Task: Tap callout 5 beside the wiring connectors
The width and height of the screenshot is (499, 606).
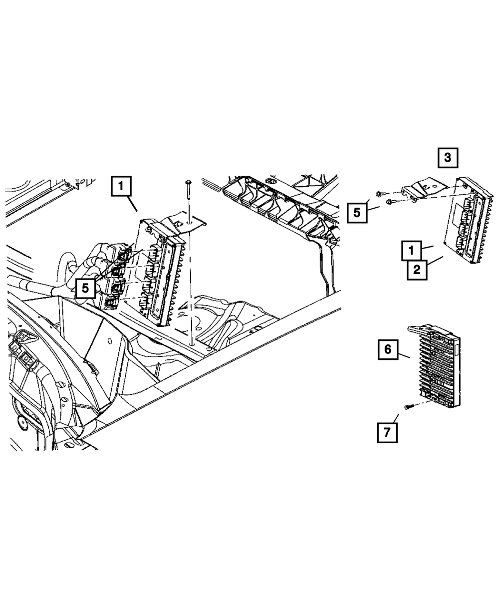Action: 86,288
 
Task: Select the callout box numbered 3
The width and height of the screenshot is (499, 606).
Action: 448,158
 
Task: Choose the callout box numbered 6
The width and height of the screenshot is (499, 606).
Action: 388,349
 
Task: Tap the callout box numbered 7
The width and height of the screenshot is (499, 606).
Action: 387,432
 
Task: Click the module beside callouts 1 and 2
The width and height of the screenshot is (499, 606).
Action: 467,222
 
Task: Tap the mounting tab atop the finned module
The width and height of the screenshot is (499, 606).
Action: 419,328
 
